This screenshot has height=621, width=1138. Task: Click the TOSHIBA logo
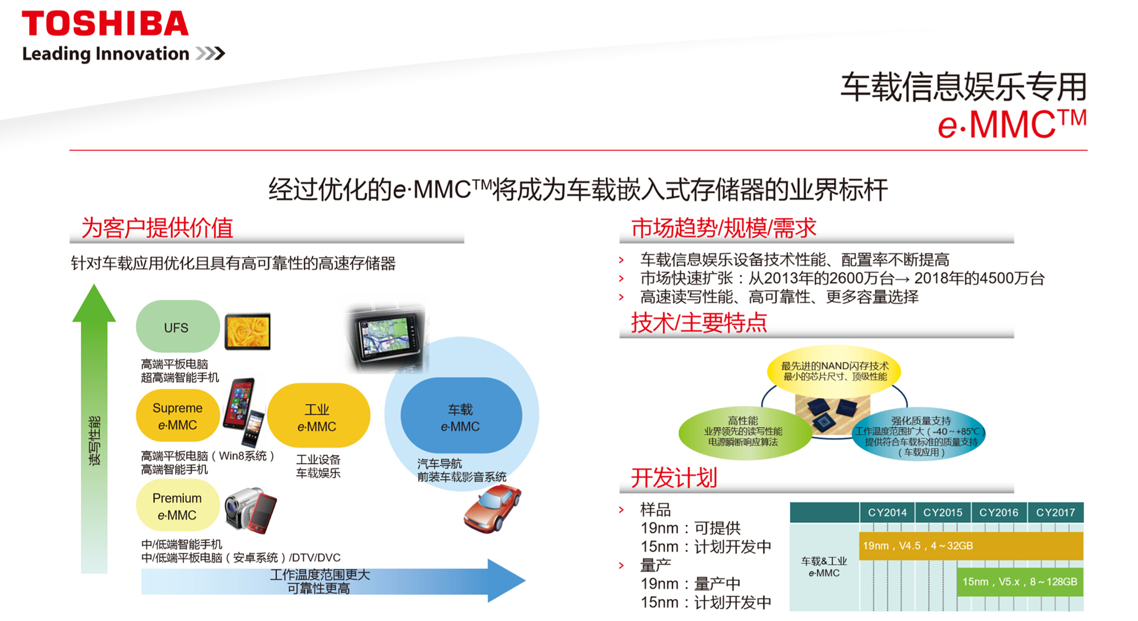click(x=105, y=24)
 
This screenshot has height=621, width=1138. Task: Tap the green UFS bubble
click(x=177, y=327)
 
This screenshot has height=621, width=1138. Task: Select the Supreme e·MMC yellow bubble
click(x=177, y=416)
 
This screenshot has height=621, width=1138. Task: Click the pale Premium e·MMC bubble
click(x=177, y=506)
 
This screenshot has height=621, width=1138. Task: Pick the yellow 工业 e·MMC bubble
click(x=318, y=416)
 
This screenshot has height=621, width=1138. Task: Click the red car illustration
click(x=492, y=509)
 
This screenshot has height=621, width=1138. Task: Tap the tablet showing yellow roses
click(x=248, y=331)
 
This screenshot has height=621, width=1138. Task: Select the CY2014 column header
click(x=887, y=512)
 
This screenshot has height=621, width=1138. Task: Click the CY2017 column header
click(x=1055, y=512)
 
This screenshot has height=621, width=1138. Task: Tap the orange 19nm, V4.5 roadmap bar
click(x=971, y=546)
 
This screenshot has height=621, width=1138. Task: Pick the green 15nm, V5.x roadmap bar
click(x=1020, y=582)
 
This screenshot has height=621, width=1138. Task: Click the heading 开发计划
click(x=674, y=478)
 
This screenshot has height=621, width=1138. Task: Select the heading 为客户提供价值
click(x=157, y=228)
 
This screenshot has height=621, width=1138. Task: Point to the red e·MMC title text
click(x=1012, y=124)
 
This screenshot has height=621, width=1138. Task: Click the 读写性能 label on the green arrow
click(x=95, y=441)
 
